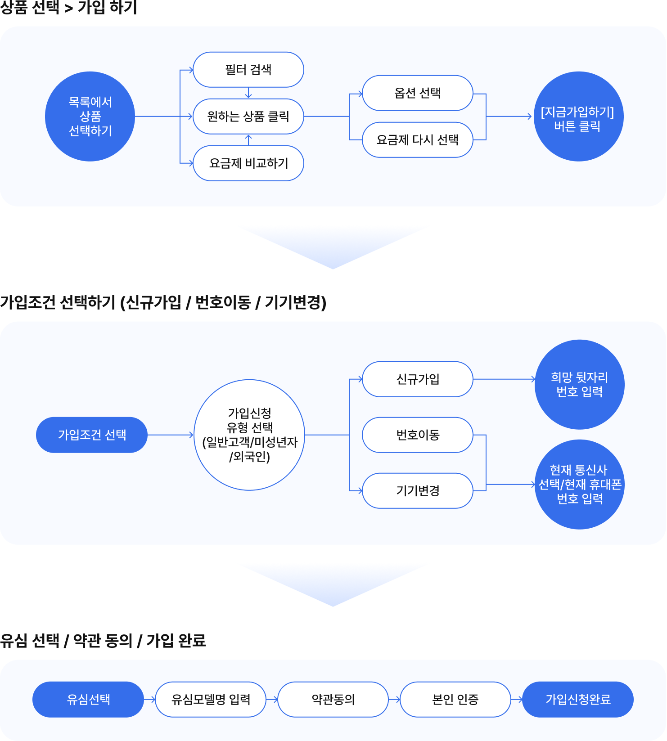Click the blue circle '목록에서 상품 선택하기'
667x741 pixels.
coord(90,117)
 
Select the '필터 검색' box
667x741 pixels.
coord(248,70)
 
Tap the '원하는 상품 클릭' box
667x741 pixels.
coord(248,117)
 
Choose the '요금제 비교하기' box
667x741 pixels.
coord(248,163)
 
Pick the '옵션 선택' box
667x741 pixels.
coord(418,93)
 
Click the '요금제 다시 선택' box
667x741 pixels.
coord(418,140)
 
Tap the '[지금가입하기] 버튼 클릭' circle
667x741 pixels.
coord(578,117)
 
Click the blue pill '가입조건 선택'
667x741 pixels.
coord(92,435)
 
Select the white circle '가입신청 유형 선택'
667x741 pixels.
coord(249,435)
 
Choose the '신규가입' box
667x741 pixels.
coord(418,379)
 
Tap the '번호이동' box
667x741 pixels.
coord(418,435)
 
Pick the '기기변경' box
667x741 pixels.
coord(418,491)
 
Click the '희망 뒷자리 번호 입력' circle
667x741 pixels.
coord(580,385)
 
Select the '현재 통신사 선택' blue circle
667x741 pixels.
coord(580,485)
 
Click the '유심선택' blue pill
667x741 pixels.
coord(88,700)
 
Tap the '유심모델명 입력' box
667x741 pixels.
coord(211,700)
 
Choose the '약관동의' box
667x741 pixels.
coord(333,700)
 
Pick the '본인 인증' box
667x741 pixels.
coord(455,700)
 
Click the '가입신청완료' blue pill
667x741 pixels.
coord(578,700)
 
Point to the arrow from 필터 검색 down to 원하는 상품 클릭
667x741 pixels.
coord(248,93)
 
